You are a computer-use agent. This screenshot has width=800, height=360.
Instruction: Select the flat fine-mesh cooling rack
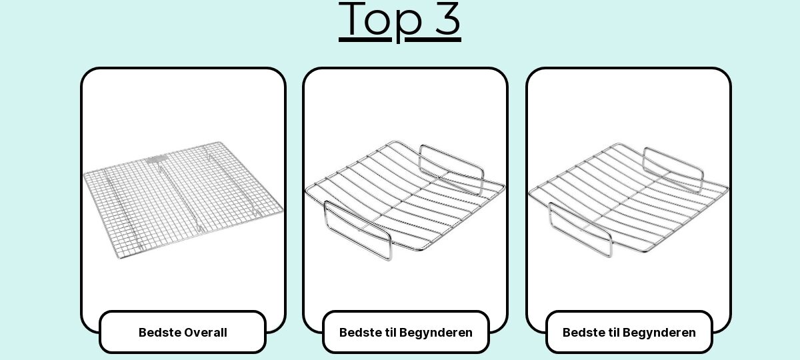click(183, 200)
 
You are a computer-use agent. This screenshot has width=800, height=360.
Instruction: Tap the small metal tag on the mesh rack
click(157, 159)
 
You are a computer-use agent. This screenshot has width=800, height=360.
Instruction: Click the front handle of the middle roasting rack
click(358, 231)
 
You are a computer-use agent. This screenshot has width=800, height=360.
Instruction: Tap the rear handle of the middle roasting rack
click(451, 170)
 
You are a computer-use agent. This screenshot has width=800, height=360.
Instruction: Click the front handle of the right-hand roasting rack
click(581, 229)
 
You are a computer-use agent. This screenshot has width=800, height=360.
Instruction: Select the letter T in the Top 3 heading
click(352, 18)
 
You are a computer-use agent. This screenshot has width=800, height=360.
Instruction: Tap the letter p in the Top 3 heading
click(410, 26)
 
